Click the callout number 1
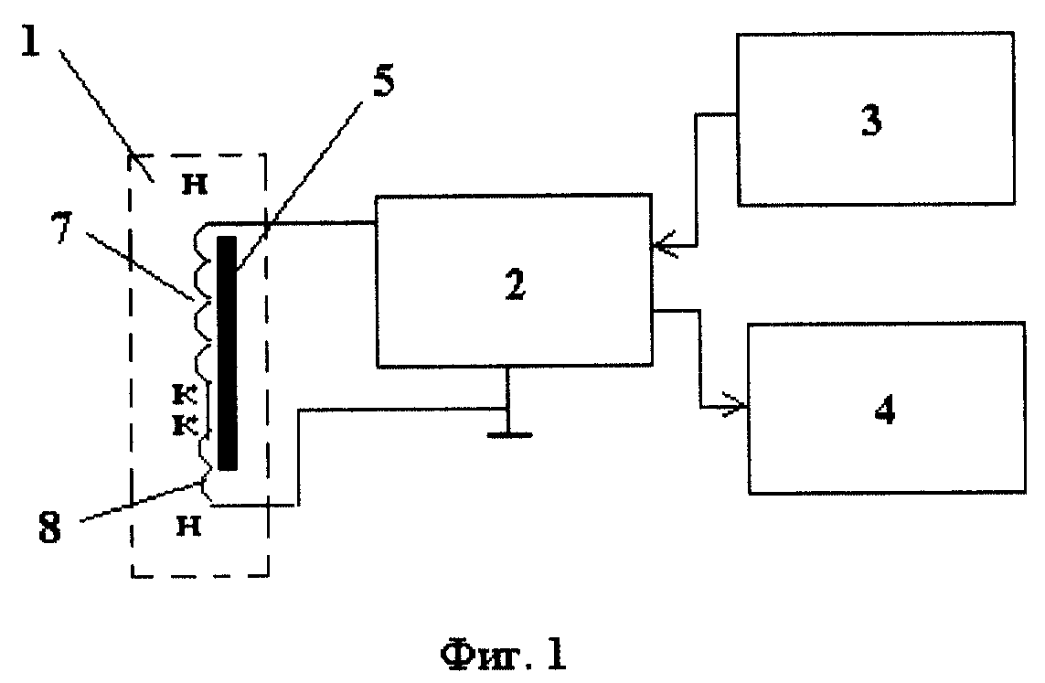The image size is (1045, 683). click(31, 40)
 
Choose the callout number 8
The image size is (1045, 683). click(50, 529)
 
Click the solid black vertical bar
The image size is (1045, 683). click(228, 353)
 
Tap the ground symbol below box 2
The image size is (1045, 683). click(509, 435)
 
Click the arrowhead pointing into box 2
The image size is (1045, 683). click(664, 247)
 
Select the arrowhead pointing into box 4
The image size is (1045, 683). click(735, 406)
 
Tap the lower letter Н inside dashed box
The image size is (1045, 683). click(188, 527)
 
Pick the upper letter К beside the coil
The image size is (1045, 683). click(185, 394)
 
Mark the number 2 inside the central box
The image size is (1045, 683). click(515, 284)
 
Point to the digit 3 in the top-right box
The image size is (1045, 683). click(871, 120)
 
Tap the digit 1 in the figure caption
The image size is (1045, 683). click(556, 655)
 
